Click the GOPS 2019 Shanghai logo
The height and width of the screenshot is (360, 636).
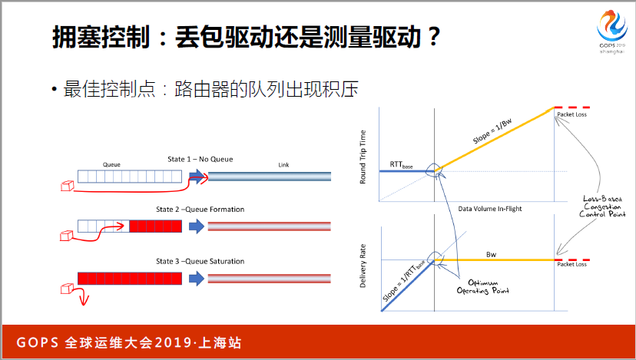point(612,32)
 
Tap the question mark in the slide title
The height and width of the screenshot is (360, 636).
point(433,37)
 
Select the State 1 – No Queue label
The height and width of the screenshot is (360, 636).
point(200,160)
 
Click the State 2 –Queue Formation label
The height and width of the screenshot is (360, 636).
point(200,210)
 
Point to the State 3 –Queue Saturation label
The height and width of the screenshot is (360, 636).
point(200,262)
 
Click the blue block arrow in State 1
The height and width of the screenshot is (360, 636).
point(197,177)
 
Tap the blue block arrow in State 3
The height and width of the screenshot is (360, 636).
point(197,279)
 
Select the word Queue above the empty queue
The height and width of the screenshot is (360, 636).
point(111,164)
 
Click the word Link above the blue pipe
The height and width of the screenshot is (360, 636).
point(283,165)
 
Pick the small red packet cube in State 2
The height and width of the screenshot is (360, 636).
point(67,236)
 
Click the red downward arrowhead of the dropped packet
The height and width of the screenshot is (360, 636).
point(84,301)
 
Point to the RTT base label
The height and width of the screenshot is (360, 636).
point(401,164)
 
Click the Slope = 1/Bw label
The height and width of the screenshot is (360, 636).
point(492,131)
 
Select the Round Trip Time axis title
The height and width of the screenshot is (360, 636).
point(363,157)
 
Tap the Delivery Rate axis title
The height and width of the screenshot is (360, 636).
point(363,266)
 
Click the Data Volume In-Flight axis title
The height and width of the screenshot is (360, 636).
point(490,209)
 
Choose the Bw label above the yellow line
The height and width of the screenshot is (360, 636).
point(491,255)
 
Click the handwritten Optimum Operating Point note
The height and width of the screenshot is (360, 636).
point(482,286)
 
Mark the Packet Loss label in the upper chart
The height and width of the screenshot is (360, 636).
point(572,114)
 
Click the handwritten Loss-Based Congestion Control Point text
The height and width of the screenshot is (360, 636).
point(603,206)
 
